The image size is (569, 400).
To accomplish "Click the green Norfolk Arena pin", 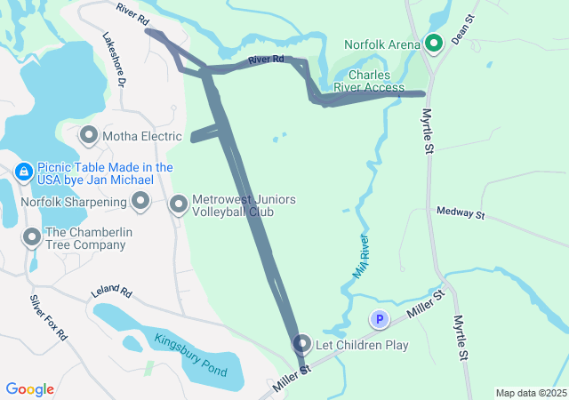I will tap(434, 42).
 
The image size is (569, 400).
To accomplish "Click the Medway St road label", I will tap(460, 213).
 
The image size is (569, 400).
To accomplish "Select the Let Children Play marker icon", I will tap(302, 343).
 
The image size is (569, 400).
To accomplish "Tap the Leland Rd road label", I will tap(111, 292).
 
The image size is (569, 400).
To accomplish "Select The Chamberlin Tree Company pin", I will tap(32, 236).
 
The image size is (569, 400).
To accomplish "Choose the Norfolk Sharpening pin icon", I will tap(140, 203).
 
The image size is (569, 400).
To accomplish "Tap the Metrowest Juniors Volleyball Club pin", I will tap(179, 205).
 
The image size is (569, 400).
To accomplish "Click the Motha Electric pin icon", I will tap(89, 136).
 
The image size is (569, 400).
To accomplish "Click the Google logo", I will tap(30, 389).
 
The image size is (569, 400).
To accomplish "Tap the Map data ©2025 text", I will tap(531, 393).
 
